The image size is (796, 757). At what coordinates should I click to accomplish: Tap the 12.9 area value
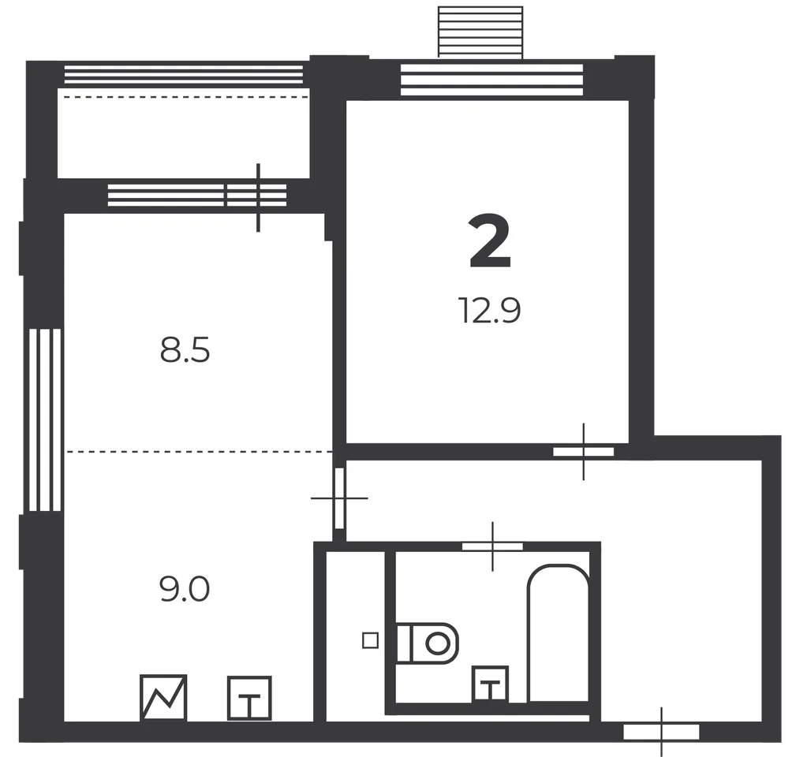[490, 310]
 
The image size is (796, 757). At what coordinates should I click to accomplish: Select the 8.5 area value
[185, 351]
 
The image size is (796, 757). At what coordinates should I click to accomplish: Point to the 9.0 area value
[185, 590]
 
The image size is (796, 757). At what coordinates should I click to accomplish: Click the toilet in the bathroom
[428, 643]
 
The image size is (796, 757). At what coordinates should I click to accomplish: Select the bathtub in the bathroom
[559, 633]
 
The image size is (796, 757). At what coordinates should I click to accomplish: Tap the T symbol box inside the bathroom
[490, 684]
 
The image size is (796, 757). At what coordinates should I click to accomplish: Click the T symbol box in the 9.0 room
[249, 698]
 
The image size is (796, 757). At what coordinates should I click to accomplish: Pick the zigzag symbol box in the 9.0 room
[163, 698]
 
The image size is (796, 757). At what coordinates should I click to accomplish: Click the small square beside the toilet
[370, 640]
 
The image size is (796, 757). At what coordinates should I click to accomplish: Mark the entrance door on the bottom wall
[661, 732]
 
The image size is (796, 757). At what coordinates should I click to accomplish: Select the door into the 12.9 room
[583, 451]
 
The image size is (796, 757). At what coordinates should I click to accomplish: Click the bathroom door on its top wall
[492, 546]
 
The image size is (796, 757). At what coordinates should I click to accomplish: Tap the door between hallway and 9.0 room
[339, 498]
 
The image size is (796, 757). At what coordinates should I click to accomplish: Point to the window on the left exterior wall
[45, 420]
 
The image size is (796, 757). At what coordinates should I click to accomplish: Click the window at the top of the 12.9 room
[492, 80]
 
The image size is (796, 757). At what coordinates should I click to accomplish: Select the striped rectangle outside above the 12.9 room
[480, 32]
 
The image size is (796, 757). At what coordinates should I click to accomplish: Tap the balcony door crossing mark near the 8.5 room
[258, 197]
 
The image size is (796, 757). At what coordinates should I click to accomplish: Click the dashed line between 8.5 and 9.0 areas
[199, 451]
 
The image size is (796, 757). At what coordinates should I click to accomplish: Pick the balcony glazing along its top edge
[183, 74]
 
